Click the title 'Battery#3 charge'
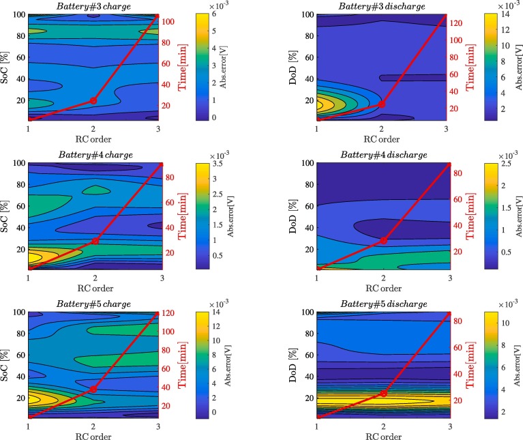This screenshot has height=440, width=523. (x=93, y=6)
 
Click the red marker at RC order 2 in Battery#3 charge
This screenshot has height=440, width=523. (x=93, y=101)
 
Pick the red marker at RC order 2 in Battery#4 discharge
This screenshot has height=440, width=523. (x=383, y=240)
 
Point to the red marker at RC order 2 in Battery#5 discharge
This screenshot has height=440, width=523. (x=383, y=394)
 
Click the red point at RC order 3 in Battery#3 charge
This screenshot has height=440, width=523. (x=158, y=16)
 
